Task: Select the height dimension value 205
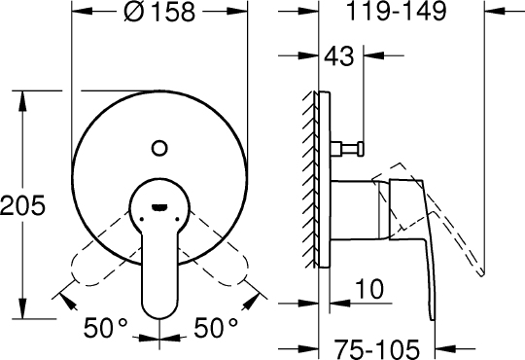click(22, 205)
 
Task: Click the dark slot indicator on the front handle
click(158, 205)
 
